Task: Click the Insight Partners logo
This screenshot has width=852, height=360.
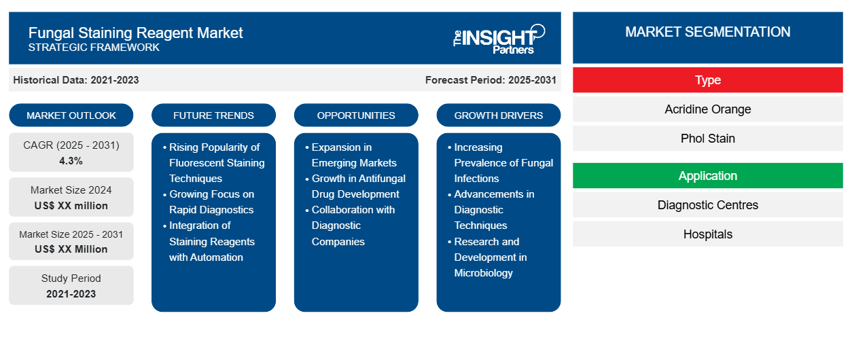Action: pyautogui.click(x=499, y=38)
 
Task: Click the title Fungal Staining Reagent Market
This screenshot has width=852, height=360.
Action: pyautogui.click(x=135, y=32)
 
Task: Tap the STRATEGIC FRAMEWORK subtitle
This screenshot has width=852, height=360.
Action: pyautogui.click(x=94, y=48)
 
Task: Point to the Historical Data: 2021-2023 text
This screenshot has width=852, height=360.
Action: pyautogui.click(x=76, y=80)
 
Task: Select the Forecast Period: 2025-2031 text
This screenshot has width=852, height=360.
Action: pyautogui.click(x=491, y=80)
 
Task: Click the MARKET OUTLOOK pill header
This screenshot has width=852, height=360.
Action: pyautogui.click(x=71, y=115)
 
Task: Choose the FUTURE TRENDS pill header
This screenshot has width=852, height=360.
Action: pyautogui.click(x=213, y=115)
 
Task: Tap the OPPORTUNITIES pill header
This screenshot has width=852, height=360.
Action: pyautogui.click(x=356, y=115)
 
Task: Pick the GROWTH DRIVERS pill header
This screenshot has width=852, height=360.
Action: pyautogui.click(x=499, y=115)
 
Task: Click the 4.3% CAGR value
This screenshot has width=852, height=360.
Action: pyautogui.click(x=71, y=161)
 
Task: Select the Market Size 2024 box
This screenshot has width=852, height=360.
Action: pyautogui.click(x=71, y=197)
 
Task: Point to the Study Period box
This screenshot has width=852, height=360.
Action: pyautogui.click(x=71, y=285)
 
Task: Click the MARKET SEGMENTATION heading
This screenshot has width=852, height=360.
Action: pyautogui.click(x=707, y=32)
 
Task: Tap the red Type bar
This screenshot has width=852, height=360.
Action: pyautogui.click(x=707, y=80)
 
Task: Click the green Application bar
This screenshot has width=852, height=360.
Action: pyautogui.click(x=707, y=176)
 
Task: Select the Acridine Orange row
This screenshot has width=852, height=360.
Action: pyautogui.click(x=707, y=109)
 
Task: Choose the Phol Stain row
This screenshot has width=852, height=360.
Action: pyautogui.click(x=707, y=139)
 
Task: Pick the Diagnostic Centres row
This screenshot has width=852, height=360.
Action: pyautogui.click(x=707, y=205)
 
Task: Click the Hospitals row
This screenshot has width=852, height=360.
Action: pyautogui.click(x=707, y=234)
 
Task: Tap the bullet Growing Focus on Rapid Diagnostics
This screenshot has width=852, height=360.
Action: pyautogui.click(x=211, y=202)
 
